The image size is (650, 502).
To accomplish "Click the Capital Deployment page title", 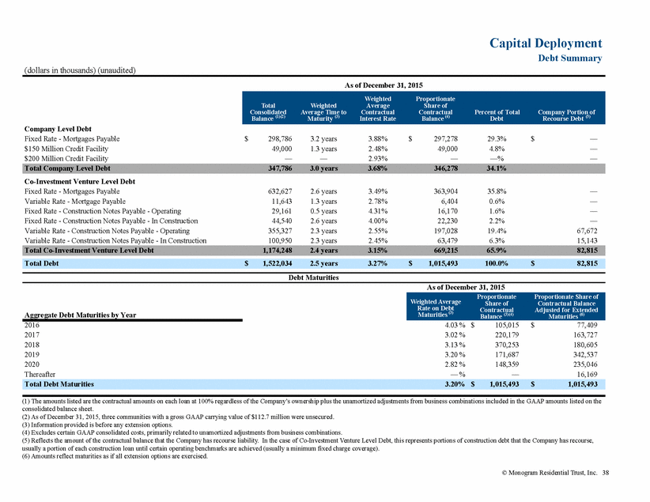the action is pos(546,43).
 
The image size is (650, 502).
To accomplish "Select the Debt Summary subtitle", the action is pos(570,58).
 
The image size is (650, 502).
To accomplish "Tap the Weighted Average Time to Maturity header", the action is pos(323,112).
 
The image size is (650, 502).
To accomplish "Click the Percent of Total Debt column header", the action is pos(497,115).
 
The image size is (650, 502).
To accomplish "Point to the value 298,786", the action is pos(280,139).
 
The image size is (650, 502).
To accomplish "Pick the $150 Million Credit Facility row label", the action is pos(66,149).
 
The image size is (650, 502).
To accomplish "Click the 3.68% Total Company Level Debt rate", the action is pos(378,168).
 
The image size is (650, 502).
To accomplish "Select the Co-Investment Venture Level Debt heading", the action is pos(80,182).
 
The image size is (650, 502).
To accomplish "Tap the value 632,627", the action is pos(280,191).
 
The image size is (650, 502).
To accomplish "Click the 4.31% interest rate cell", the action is pos(378,211).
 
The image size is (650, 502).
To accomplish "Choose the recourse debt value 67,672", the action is pos(587,231).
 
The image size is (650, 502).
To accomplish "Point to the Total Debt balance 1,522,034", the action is pos(278,263).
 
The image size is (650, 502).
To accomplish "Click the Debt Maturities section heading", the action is pos(313,277).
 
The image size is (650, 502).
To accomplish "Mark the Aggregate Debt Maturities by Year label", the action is pos(80,315).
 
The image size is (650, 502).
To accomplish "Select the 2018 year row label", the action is pos(32,345).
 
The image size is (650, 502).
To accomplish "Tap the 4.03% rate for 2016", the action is pos(455,326).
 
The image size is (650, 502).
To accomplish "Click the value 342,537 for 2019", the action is pos(585,355).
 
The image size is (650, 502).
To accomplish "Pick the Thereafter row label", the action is pos(40,374).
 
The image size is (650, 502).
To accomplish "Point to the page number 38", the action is pos(606,473).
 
